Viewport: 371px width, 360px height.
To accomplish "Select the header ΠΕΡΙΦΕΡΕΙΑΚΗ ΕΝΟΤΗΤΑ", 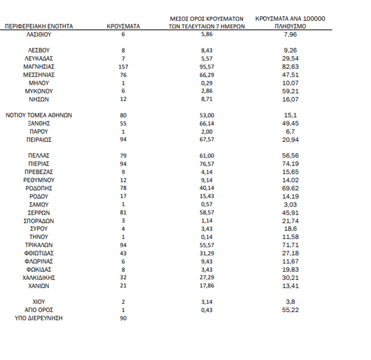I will pyautogui.click(x=39, y=26).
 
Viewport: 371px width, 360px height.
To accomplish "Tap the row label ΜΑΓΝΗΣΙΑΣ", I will pyautogui.click(x=39, y=67).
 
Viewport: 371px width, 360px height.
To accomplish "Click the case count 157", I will pyautogui.click(x=124, y=67).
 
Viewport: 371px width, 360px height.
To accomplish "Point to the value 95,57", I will pyautogui.click(x=207, y=67).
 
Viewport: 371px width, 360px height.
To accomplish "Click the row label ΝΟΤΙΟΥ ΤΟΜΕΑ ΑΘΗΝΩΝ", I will pyautogui.click(x=39, y=115).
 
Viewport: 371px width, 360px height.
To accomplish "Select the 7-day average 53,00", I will pyautogui.click(x=207, y=115).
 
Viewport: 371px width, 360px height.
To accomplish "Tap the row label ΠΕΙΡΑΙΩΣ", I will pyautogui.click(x=39, y=140).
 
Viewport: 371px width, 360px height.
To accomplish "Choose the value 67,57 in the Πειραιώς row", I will pyautogui.click(x=207, y=140).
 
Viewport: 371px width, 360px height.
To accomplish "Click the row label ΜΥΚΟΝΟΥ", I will pyautogui.click(x=39, y=91).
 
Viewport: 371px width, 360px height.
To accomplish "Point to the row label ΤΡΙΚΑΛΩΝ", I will pyautogui.click(x=39, y=245).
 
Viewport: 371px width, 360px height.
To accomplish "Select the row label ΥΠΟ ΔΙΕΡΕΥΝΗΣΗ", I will pyautogui.click(x=39, y=318).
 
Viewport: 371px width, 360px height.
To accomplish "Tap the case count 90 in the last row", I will pyautogui.click(x=124, y=318).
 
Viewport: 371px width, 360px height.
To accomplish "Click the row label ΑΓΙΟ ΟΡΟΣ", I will pyautogui.click(x=39, y=310).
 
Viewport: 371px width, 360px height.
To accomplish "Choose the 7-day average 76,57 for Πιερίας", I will pyautogui.click(x=207, y=164).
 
